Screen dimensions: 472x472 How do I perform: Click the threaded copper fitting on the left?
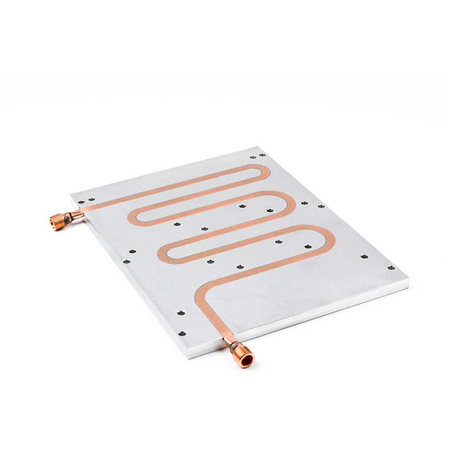coord(59,221)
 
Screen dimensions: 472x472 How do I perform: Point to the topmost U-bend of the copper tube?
coord(264,172)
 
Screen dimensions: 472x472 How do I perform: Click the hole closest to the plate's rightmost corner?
coord(391,267)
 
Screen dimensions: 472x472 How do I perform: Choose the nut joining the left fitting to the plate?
coord(75,215)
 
